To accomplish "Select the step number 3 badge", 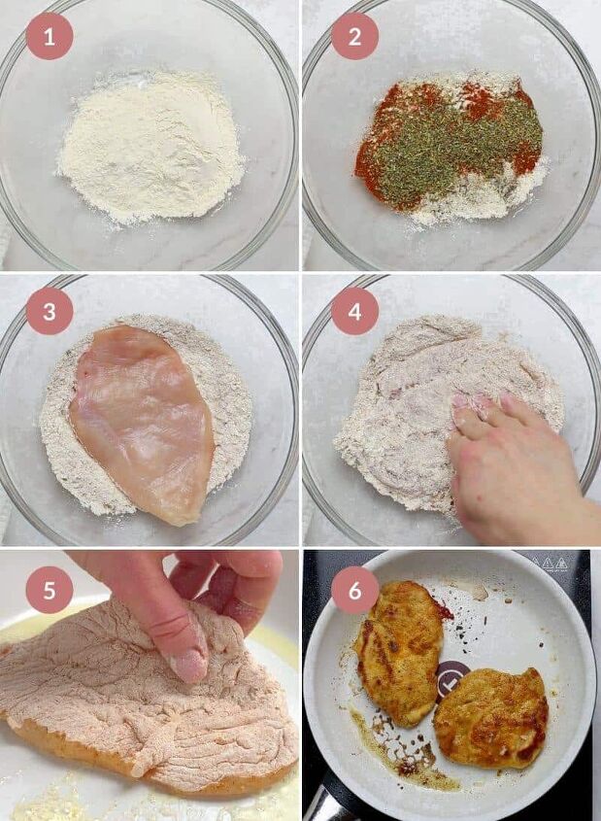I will point(50,311).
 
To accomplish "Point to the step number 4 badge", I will point(354,311).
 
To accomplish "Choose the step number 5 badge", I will point(50,590).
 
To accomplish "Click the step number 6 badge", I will point(354,590).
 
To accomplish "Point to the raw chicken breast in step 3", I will point(144,418).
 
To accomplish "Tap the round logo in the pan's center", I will point(452,677).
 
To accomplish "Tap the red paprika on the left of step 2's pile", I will point(374,160).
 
